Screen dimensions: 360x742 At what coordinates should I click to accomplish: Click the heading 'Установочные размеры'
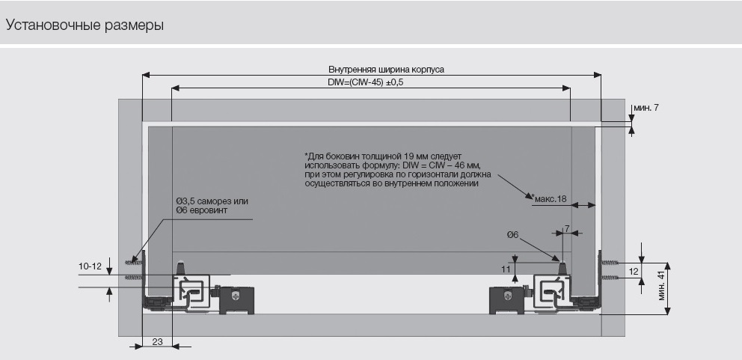click(x=85, y=25)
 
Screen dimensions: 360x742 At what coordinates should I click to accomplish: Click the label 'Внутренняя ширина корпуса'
click(x=370, y=69)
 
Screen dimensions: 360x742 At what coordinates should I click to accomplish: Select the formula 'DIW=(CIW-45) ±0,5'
click(x=366, y=82)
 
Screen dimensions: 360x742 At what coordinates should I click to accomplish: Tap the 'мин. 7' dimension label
click(x=646, y=109)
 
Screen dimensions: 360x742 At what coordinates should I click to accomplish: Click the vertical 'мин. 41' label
click(x=661, y=287)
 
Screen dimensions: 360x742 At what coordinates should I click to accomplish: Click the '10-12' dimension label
click(x=90, y=266)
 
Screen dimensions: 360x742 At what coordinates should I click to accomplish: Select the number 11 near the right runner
click(x=506, y=268)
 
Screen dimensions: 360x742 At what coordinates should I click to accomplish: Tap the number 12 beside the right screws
click(x=634, y=271)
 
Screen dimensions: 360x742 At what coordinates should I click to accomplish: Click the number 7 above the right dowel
click(x=567, y=228)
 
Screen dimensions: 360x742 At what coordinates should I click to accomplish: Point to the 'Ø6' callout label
click(x=512, y=235)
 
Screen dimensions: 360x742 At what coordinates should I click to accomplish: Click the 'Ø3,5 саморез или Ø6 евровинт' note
click(x=212, y=207)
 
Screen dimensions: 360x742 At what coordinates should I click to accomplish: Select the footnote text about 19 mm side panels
click(x=392, y=169)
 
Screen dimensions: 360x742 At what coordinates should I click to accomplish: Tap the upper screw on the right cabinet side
click(x=611, y=263)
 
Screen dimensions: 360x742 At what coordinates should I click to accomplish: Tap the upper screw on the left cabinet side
click(x=135, y=262)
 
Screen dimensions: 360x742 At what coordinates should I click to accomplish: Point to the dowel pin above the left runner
click(x=180, y=266)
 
